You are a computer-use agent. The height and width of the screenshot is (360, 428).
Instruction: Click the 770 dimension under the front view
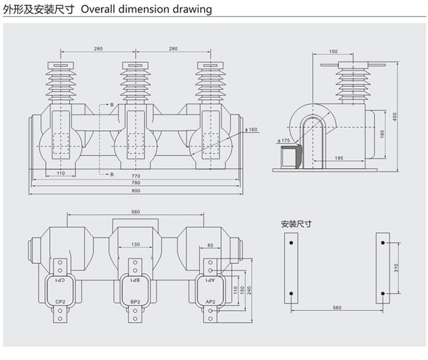tap(136, 177)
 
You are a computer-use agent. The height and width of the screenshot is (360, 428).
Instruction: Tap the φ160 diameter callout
tap(252, 130)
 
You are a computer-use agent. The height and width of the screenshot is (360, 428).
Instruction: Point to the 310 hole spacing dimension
tap(397, 268)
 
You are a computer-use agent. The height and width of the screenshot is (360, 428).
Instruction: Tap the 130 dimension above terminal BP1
tap(135, 245)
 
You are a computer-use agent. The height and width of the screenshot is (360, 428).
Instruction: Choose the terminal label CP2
tap(60, 301)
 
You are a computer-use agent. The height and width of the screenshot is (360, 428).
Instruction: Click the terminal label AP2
tap(210, 301)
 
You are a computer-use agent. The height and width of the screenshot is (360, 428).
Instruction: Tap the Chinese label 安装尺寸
tap(296, 224)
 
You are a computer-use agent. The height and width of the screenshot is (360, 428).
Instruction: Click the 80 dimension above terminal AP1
tap(210, 245)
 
